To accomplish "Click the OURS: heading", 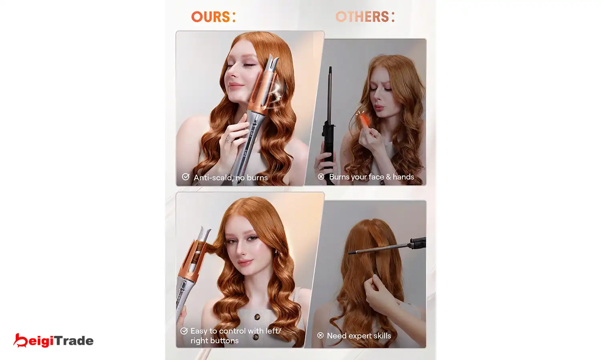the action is click(213, 17).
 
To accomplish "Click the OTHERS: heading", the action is click(365, 17).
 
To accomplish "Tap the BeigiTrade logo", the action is click(53, 340).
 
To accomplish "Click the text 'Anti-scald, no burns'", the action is click(231, 178).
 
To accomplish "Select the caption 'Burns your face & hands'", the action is click(371, 177).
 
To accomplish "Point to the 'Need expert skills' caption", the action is click(359, 336).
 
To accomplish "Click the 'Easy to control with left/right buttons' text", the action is click(236, 336).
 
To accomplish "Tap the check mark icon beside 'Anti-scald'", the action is click(186, 177).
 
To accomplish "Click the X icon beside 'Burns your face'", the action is click(321, 176).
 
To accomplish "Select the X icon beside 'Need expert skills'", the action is click(321, 335).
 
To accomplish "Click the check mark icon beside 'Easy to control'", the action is click(184, 331).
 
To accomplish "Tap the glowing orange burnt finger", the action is click(364, 119).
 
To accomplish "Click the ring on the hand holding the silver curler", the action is click(230, 139).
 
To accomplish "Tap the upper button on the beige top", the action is click(257, 317).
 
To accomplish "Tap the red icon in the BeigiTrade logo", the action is click(20, 340).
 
